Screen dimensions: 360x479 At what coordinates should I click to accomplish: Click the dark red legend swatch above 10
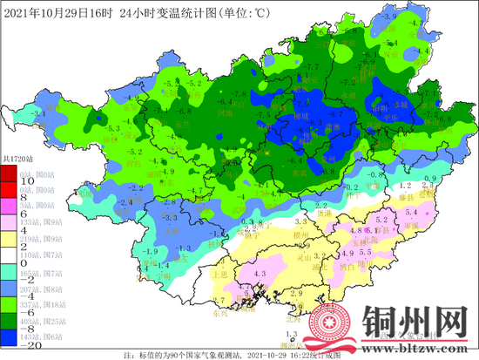9,174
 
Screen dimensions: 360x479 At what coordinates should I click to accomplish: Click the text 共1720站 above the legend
17,159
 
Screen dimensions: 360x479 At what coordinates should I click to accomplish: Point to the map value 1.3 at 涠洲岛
293,335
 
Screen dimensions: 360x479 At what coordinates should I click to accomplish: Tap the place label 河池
226,113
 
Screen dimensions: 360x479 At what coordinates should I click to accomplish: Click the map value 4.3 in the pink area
259,275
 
